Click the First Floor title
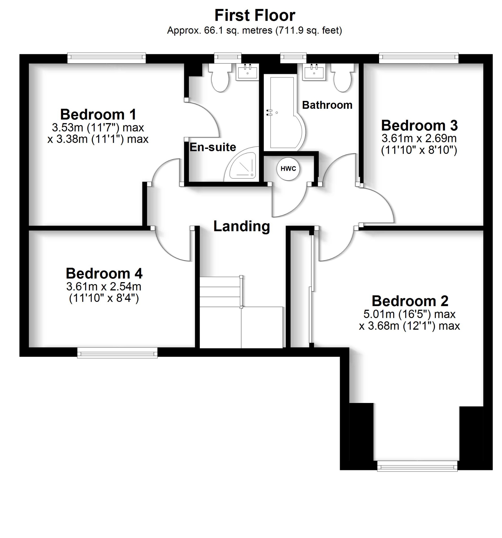[254, 15]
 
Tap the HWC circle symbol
[288, 169]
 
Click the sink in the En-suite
[247, 72]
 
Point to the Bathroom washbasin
[314, 72]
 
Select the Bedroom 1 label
[98, 114]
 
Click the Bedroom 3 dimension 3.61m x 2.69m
[419, 138]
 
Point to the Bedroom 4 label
[104, 273]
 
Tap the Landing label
[242, 226]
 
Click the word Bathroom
[327, 105]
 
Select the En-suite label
[213, 147]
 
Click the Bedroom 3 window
[419, 57]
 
